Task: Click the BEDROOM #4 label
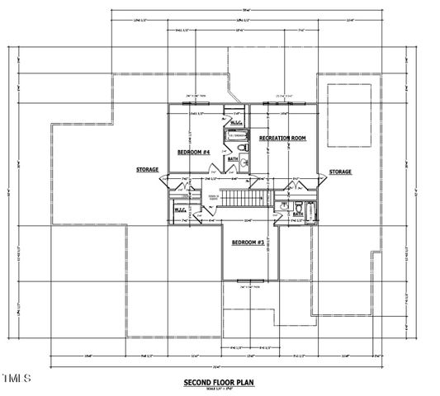193,153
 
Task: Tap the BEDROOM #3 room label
247,242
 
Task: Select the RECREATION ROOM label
282,138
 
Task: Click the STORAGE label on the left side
148,169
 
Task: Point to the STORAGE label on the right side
340,172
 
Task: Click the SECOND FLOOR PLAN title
219,383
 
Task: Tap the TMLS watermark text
17,379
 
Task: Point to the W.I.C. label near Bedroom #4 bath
235,123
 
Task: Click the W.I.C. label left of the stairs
181,210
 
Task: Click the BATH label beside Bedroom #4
233,158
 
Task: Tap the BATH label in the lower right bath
297,214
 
